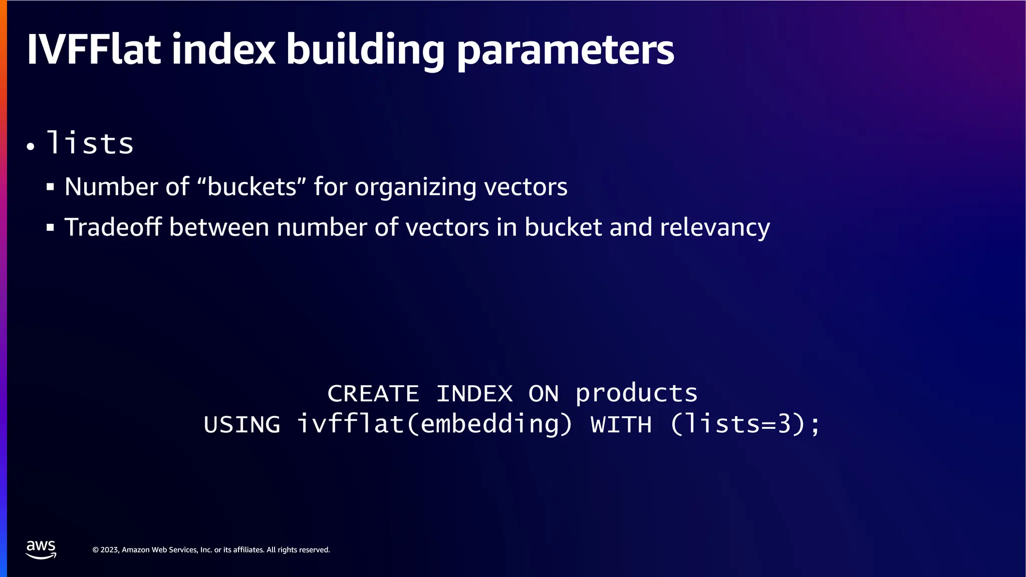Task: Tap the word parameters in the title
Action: [565, 50]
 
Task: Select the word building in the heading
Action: [365, 50]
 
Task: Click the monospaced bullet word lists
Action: [90, 143]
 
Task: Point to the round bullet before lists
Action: [31, 147]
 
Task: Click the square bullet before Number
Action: [50, 187]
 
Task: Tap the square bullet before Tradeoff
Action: [50, 228]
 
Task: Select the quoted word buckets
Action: [251, 186]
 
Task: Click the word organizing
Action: [415, 187]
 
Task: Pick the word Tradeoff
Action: [113, 227]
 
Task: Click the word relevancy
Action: [714, 228]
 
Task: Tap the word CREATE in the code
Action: [373, 394]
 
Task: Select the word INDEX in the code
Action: [474, 394]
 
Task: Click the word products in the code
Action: [636, 394]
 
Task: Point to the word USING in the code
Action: [242, 425]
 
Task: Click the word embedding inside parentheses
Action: [490, 425]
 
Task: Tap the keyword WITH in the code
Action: [621, 425]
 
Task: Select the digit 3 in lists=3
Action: [784, 425]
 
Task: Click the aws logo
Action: [41, 549]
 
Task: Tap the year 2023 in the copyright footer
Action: [109, 550]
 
